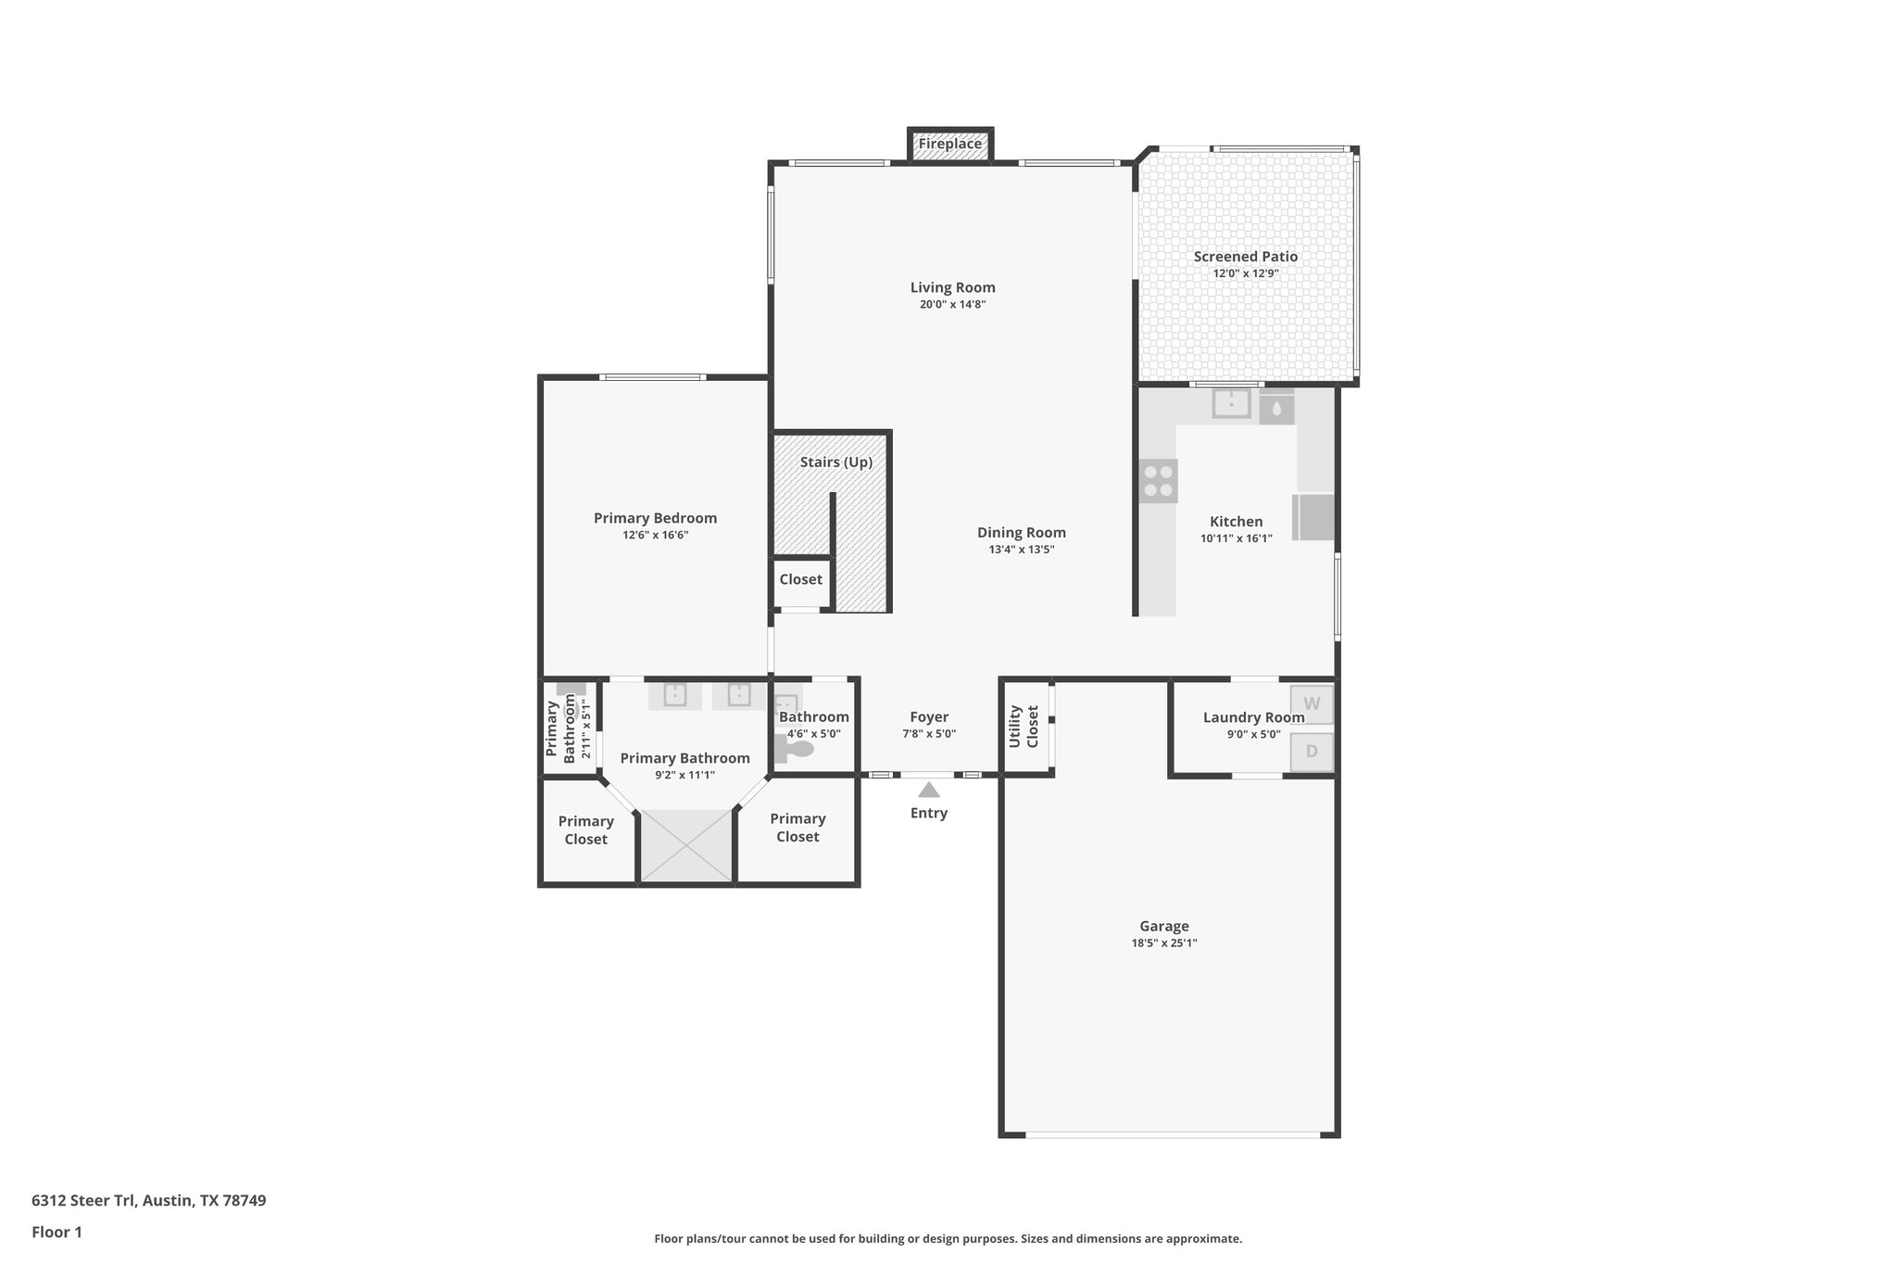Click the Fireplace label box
pos(949,145)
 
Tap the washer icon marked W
pos(1312,704)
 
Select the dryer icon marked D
pos(1312,752)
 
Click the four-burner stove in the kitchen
pos(1159,481)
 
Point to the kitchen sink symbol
pos(1231,403)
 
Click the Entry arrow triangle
pos(929,791)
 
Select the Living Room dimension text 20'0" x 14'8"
pos(952,304)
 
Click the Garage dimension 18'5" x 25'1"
pos(1163,943)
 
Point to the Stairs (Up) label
pos(835,462)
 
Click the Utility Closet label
pos(1024,727)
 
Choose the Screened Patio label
pos(1245,257)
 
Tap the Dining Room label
pos(1021,533)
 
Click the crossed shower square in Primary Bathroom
pos(686,845)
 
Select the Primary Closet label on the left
pos(585,830)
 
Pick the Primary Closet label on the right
pos(797,828)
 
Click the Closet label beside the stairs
pos(800,580)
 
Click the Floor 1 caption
pos(57,1233)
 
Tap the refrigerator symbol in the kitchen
pos(1314,517)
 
